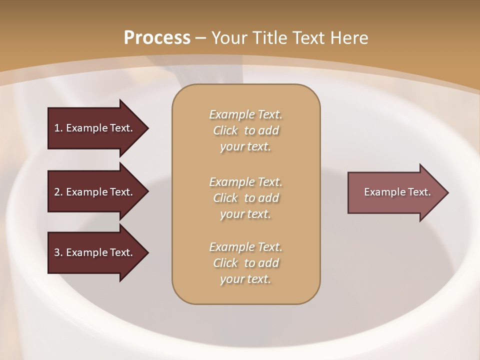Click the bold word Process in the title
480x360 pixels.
click(157, 38)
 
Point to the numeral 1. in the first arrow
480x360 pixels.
click(58, 128)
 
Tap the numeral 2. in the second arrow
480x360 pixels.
click(58, 192)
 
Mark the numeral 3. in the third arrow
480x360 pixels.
click(58, 252)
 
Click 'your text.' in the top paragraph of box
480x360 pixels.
click(245, 147)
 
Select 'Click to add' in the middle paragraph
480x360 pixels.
click(246, 198)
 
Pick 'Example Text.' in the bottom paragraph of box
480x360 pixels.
click(246, 247)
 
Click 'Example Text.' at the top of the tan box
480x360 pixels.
click(246, 114)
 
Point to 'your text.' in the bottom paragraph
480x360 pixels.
click(245, 279)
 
